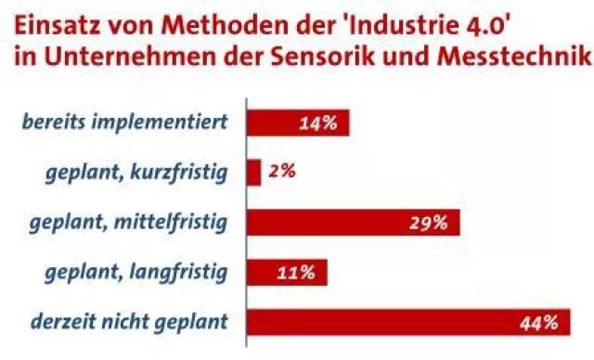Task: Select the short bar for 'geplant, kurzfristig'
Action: coord(254,173)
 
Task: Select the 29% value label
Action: coord(430,223)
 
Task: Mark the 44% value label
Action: coord(538,323)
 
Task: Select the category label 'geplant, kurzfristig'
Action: coord(136,173)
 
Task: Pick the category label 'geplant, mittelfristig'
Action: coord(129,223)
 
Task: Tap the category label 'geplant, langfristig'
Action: coord(136,273)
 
